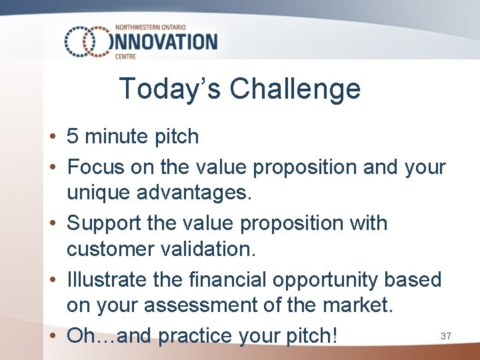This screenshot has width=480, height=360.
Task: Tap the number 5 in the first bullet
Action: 73,137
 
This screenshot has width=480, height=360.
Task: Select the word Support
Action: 105,223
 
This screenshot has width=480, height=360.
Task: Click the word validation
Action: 209,250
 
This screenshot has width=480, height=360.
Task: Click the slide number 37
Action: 446,337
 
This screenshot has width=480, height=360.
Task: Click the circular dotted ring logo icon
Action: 86,42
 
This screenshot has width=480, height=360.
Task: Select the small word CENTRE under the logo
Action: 125,57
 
